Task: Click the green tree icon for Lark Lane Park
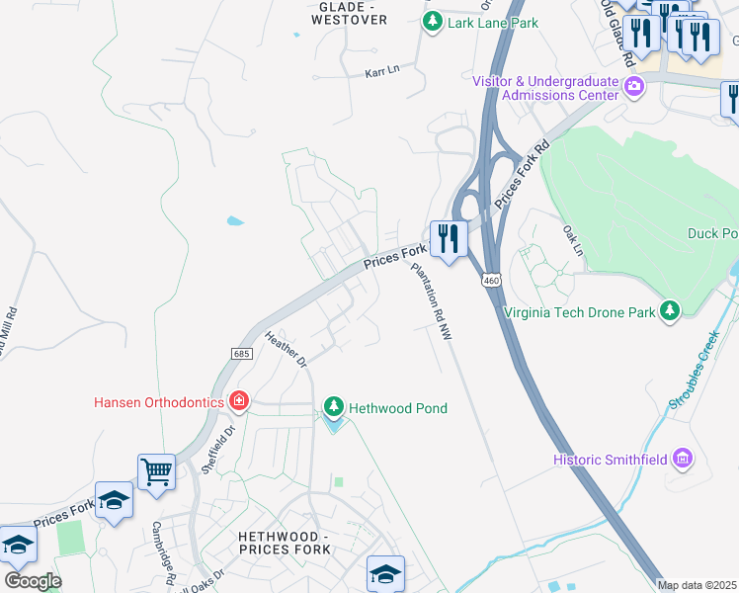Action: (432, 21)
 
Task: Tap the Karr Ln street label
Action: (381, 72)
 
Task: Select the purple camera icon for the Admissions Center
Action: (634, 87)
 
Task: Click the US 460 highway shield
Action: (490, 282)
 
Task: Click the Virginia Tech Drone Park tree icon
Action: (671, 312)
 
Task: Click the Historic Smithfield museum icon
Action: (682, 459)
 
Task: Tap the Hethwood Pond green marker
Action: (334, 408)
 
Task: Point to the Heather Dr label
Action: (287, 349)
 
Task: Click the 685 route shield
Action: (241, 353)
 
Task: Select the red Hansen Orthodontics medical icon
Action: (238, 401)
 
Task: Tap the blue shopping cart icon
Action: (156, 471)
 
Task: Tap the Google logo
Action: (33, 580)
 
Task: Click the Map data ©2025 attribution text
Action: (697, 585)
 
